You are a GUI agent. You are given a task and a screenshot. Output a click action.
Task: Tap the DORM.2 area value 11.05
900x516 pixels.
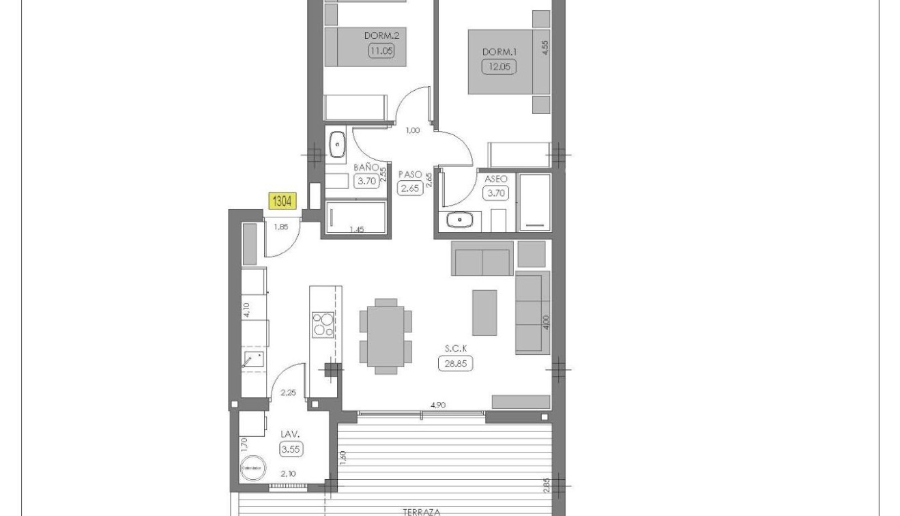coord(382,50)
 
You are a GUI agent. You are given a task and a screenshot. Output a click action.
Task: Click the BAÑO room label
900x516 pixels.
coord(366,167)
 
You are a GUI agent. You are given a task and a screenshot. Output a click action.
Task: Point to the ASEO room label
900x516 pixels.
coord(496,179)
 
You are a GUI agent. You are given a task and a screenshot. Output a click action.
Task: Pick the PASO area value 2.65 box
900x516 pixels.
coord(410,188)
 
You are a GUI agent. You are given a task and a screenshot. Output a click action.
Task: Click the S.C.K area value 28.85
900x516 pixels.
coord(455,362)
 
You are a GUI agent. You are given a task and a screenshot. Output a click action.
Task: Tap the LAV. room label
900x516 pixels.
coord(291,434)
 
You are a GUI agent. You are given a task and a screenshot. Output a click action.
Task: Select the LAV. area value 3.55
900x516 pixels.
coord(291,449)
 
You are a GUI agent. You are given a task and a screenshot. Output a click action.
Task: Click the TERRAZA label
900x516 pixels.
coord(422,511)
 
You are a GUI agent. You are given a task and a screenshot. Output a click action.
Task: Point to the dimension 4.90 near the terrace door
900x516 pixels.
coord(438,405)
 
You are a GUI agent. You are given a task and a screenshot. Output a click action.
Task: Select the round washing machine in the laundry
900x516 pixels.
coord(253,468)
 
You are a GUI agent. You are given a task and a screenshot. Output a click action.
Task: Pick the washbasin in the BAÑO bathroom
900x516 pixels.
coord(337,145)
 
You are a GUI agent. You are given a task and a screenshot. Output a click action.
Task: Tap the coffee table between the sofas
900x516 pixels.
coord(484,313)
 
